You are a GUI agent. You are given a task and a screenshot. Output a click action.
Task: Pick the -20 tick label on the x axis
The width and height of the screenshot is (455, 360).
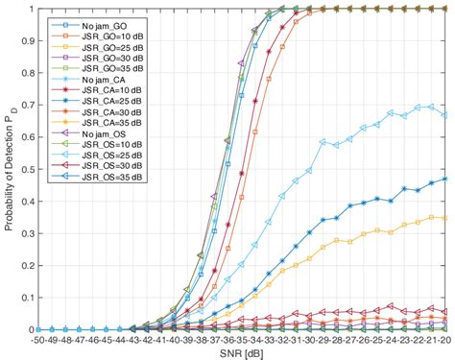click(x=443, y=339)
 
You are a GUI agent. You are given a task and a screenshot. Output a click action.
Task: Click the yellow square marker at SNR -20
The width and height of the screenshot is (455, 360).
click(x=443, y=218)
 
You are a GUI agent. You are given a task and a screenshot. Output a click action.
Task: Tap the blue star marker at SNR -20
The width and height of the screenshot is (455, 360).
click(x=443, y=179)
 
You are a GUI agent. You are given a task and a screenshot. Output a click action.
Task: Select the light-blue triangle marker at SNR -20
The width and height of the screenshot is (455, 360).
click(x=443, y=115)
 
